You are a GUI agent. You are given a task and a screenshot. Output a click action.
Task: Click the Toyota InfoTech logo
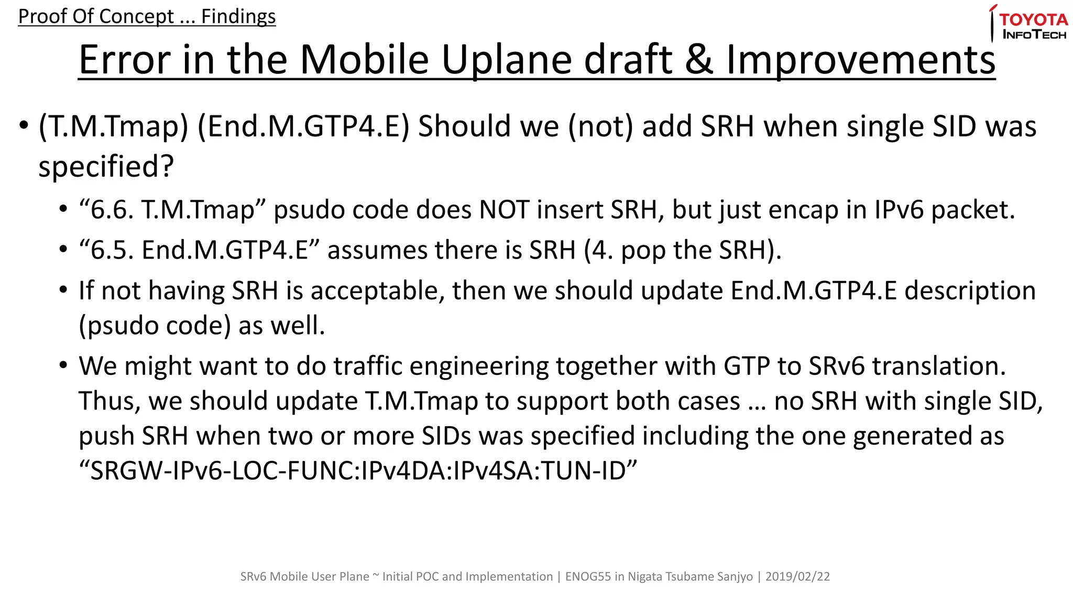[x=1028, y=24]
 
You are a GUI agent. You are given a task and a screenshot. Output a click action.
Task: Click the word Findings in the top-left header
[x=238, y=16]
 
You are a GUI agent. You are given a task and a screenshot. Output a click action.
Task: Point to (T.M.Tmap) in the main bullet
[x=113, y=127]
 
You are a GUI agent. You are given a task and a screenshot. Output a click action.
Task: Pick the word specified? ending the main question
[x=106, y=167]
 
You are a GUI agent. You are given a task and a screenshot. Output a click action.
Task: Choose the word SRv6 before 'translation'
[x=836, y=366]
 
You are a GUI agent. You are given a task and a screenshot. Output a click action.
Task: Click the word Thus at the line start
[x=110, y=401]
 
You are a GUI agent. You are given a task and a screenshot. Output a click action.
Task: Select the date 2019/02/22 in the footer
[x=797, y=577]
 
